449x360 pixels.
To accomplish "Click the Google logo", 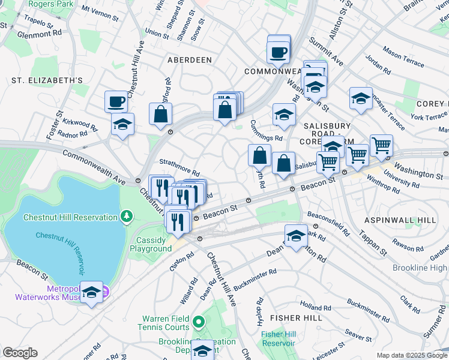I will [20, 353].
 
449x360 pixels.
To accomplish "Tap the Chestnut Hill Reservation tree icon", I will [127, 215].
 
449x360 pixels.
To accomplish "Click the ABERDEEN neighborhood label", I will [189, 60].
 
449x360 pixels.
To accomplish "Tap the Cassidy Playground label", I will [151, 244].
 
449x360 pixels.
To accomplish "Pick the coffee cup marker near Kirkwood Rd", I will [116, 101].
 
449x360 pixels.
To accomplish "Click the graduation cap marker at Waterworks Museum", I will [91, 292].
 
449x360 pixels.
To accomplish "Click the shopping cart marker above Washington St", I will [381, 145].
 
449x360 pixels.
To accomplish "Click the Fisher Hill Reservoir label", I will [278, 338].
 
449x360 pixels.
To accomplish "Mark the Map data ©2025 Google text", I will [411, 355].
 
